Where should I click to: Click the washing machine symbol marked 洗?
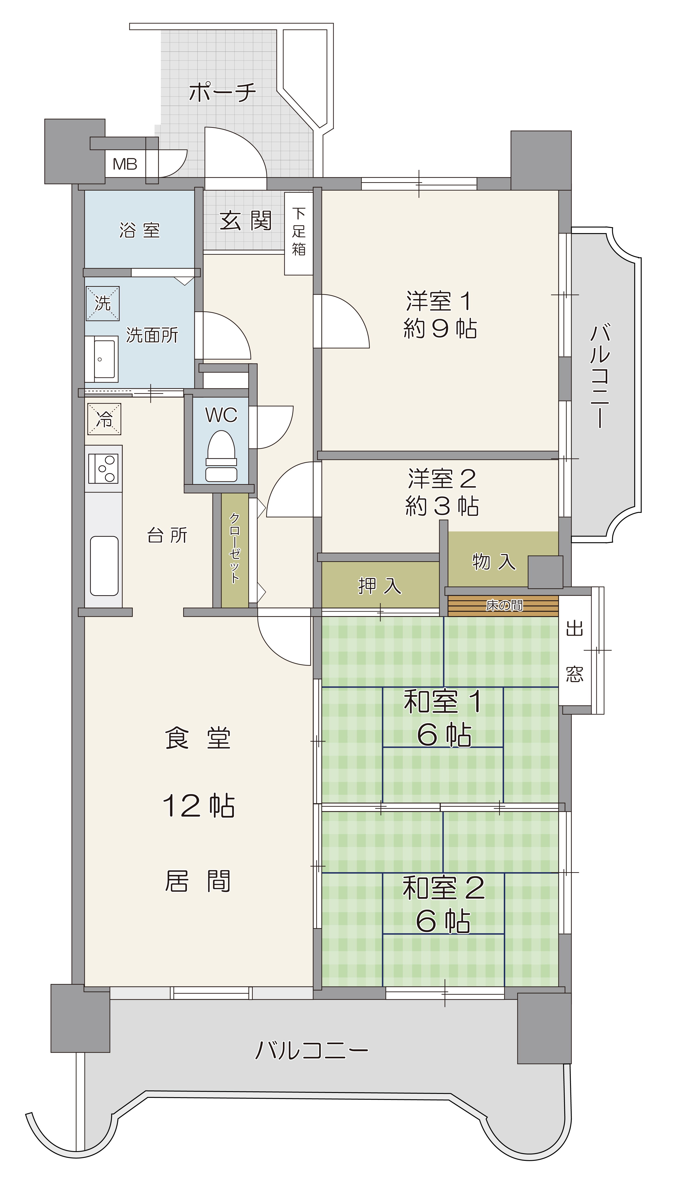coord(103,303)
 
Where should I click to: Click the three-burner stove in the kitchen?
coord(103,468)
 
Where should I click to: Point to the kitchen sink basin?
coord(104,566)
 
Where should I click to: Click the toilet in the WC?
coord(221,456)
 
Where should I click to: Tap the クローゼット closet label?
coord(234,548)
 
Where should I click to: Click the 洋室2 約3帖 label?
coord(442,492)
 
